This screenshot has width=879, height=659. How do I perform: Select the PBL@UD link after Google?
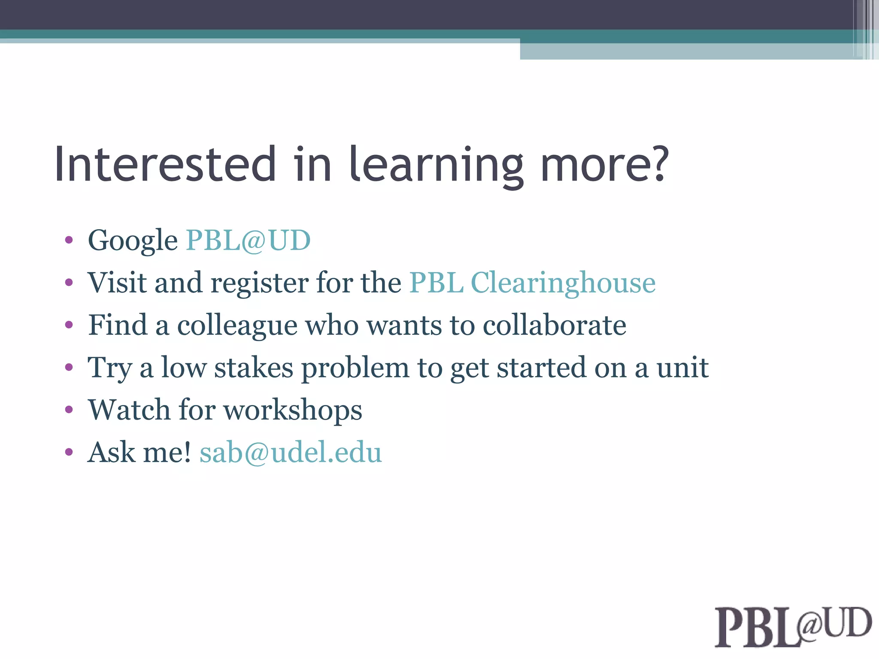coord(248,240)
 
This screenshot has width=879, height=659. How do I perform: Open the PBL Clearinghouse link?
coord(532,283)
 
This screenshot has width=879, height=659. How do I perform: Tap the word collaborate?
coord(554,325)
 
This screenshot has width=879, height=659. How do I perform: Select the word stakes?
coord(254,368)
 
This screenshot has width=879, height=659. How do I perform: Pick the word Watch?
coord(129,410)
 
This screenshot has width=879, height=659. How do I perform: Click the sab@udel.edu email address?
coord(291,453)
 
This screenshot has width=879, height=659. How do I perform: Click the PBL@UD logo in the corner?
coord(792,626)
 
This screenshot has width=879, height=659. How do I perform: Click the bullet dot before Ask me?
coord(69,452)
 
